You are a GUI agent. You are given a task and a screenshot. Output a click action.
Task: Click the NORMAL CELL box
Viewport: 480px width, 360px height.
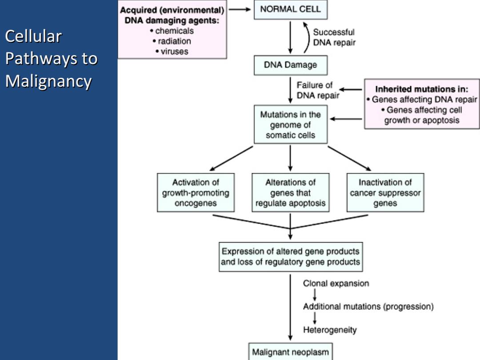[x=291, y=9]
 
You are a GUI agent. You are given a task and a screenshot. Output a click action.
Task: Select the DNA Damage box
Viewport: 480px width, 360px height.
[x=291, y=65]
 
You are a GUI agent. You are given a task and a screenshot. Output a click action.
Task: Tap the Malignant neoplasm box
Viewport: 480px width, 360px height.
[x=290, y=352]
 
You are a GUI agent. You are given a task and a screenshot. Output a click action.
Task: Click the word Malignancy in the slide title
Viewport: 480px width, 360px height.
[x=48, y=82]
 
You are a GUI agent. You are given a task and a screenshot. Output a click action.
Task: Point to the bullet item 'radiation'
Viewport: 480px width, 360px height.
[x=172, y=41]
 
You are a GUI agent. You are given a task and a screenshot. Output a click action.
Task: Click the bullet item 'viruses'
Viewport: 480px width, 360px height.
[x=172, y=52]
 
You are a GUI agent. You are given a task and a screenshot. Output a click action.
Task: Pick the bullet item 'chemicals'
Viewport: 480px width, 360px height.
[x=172, y=31]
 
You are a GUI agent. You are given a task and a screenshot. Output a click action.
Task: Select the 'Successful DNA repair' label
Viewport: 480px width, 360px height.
[x=334, y=37]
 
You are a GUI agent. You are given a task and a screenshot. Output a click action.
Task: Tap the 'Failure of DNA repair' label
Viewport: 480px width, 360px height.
[x=318, y=90]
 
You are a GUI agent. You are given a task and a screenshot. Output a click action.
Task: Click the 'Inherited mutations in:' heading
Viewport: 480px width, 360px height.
[x=421, y=89]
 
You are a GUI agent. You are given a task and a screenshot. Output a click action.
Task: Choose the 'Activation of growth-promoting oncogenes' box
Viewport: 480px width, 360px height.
[x=196, y=192]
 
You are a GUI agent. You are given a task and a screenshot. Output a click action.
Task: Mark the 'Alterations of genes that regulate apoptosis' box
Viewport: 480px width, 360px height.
[x=291, y=192]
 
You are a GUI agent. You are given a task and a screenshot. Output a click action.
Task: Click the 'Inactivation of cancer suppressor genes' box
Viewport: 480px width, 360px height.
[x=385, y=192]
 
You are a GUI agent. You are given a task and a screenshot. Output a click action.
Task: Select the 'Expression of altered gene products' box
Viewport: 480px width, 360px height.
[x=291, y=257]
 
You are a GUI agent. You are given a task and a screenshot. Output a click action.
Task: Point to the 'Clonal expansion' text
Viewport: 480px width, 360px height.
[x=336, y=284]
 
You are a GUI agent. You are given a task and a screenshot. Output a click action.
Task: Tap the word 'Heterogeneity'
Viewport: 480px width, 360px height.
[x=330, y=330]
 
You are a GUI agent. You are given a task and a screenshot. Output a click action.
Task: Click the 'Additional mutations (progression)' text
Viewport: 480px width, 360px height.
[x=368, y=306]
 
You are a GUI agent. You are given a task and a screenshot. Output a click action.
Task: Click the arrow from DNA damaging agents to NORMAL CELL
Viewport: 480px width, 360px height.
[x=240, y=9]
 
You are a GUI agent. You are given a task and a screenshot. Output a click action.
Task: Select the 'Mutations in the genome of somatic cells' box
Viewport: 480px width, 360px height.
[x=291, y=124]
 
